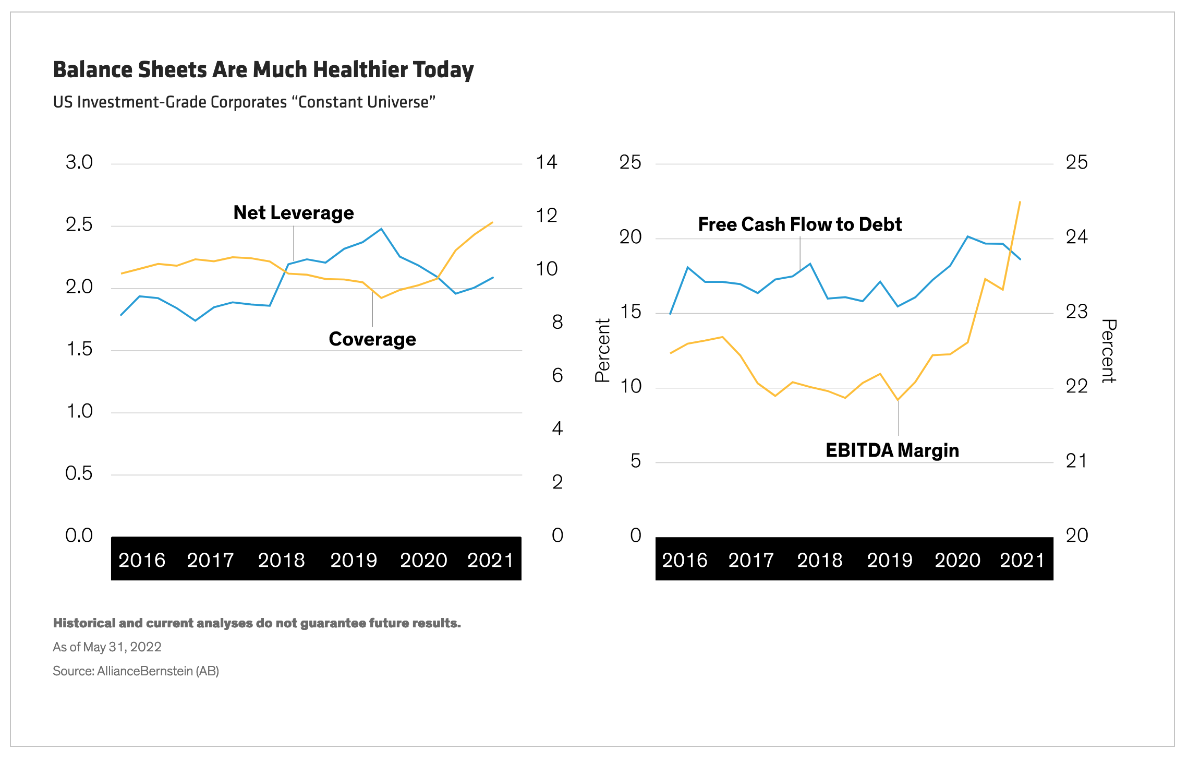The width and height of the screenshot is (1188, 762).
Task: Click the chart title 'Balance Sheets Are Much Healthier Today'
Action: pyautogui.click(x=263, y=70)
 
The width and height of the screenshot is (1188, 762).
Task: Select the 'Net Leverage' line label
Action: pyautogui.click(x=293, y=213)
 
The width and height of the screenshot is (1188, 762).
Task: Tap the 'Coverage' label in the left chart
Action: pyautogui.click(x=372, y=339)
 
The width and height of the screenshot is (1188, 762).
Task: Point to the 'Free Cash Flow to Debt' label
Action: pyautogui.click(x=799, y=224)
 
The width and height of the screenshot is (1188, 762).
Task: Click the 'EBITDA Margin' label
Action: pyautogui.click(x=892, y=450)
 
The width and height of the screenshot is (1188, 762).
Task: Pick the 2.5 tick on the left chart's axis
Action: pyautogui.click(x=79, y=225)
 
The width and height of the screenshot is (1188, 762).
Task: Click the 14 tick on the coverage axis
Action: pyautogui.click(x=547, y=162)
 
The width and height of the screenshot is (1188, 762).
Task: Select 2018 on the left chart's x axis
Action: pyautogui.click(x=281, y=561)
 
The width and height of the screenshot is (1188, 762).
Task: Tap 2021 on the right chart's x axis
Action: pyautogui.click(x=1022, y=561)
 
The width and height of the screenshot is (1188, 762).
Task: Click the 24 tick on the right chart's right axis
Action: pyautogui.click(x=1076, y=237)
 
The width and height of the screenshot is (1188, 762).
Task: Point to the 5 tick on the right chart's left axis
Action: pyautogui.click(x=635, y=461)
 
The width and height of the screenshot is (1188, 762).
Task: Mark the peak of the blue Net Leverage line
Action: pyautogui.click(x=381, y=229)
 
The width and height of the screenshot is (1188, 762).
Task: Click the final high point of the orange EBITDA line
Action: pyautogui.click(x=1020, y=201)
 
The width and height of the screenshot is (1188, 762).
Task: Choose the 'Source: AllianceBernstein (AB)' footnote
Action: pyautogui.click(x=136, y=671)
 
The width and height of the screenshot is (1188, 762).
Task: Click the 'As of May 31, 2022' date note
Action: pyautogui.click(x=107, y=647)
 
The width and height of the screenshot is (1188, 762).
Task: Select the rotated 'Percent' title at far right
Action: pyautogui.click(x=1108, y=351)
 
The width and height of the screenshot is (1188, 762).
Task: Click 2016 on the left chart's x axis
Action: pyautogui.click(x=142, y=561)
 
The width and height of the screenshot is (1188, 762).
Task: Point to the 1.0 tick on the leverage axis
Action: pyautogui.click(x=79, y=411)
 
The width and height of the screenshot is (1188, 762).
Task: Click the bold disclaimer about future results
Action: pyautogui.click(x=257, y=623)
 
